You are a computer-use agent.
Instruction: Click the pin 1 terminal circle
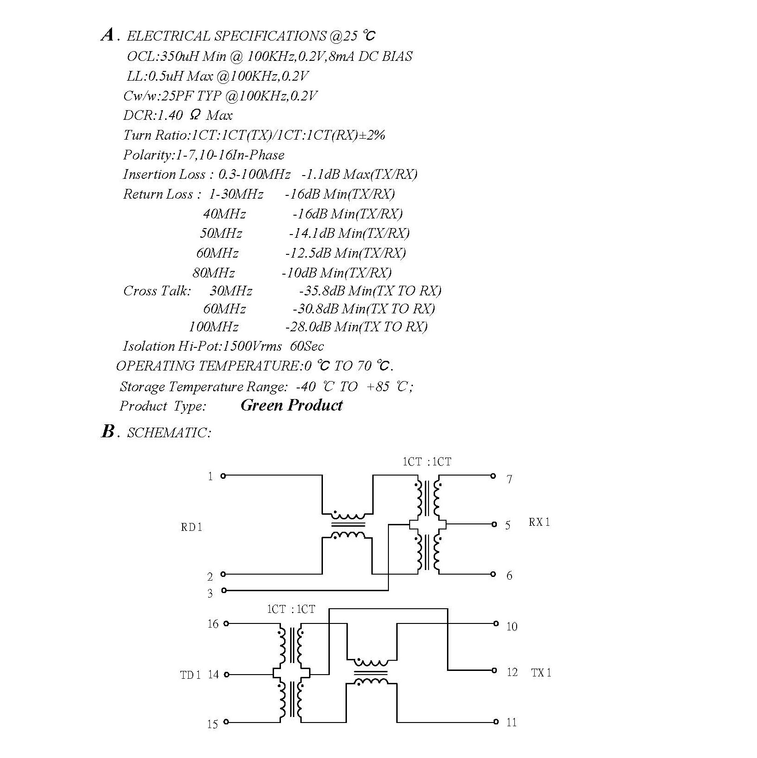(x=223, y=476)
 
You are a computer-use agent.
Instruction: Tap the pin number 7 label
(x=509, y=480)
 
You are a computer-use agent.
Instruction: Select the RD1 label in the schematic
(x=191, y=527)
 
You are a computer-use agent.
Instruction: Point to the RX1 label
(x=539, y=522)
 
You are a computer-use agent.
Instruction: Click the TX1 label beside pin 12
(x=541, y=673)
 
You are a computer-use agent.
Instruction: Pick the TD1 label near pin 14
(x=191, y=676)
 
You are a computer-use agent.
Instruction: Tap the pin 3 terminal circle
(x=224, y=590)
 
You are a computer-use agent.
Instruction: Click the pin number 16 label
(x=213, y=624)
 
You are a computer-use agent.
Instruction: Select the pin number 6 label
(x=509, y=576)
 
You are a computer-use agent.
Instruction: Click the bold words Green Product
(x=292, y=405)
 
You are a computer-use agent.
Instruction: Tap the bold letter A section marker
(x=107, y=35)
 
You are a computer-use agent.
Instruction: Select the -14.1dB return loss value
(x=311, y=233)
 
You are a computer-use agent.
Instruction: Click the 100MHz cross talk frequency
(x=214, y=327)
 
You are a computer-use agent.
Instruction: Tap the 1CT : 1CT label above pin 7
(x=427, y=462)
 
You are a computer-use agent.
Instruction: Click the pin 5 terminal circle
(x=494, y=524)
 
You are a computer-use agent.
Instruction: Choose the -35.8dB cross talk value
(x=322, y=291)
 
